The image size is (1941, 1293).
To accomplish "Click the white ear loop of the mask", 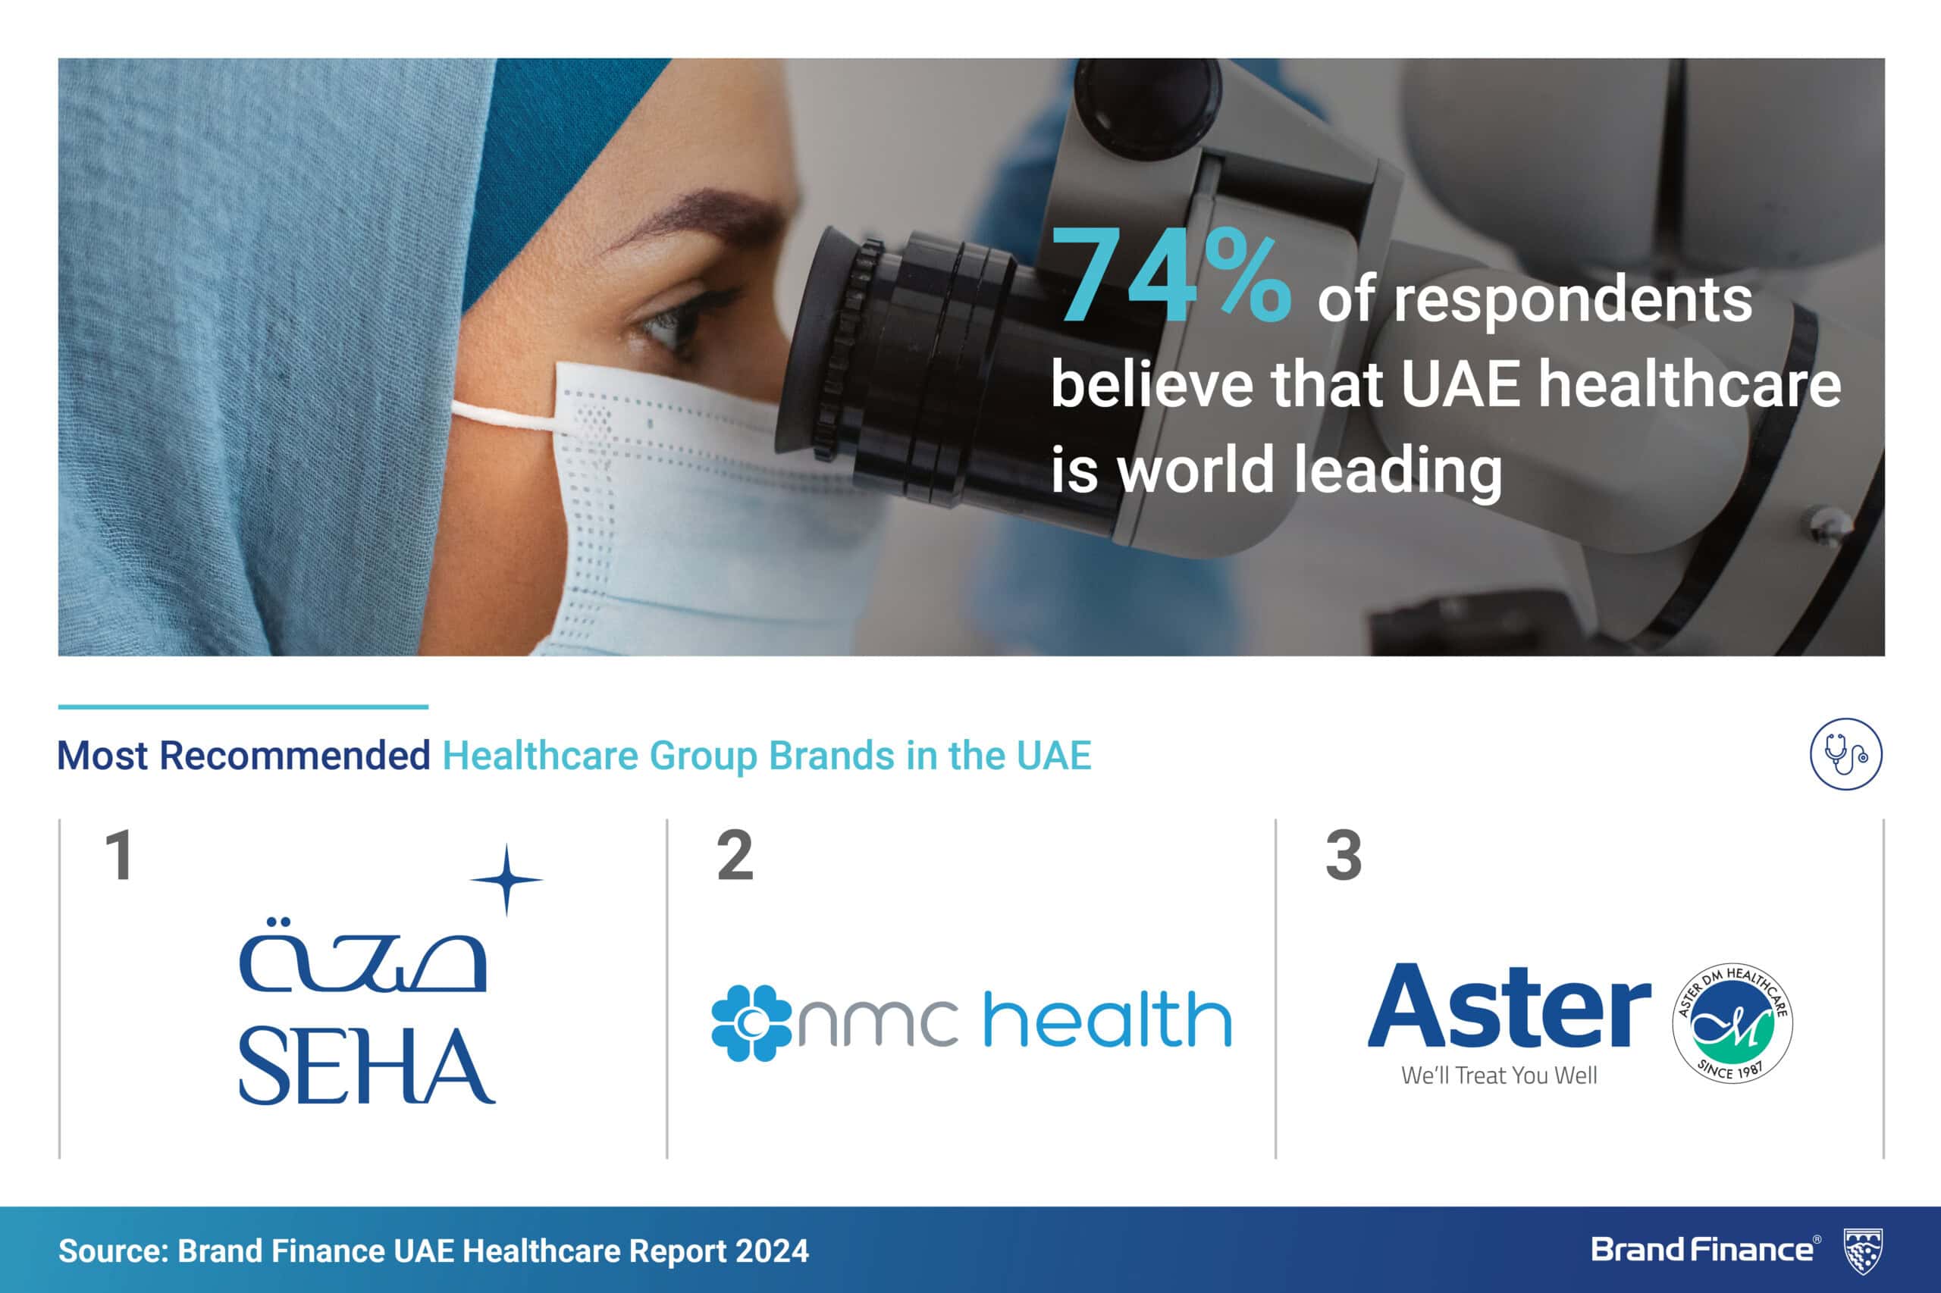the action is (505, 414).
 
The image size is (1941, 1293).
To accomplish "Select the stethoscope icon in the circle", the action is (1846, 753).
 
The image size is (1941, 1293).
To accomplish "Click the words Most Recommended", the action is (243, 756).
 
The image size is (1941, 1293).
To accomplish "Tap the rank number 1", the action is (121, 855).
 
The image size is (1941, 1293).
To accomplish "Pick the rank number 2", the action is (735, 855).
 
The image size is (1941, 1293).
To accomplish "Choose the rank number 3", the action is (1344, 855).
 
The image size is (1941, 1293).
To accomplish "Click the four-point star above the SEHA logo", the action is (506, 880).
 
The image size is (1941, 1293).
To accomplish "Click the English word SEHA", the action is (367, 1067).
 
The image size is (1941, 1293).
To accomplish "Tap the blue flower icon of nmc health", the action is (751, 1022).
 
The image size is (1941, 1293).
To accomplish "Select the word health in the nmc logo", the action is (1108, 1019).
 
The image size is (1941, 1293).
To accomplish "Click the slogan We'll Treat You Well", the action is (1499, 1075).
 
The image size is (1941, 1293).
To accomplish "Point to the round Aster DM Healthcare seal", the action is (1732, 1022).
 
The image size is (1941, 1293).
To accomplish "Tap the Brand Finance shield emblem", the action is (1864, 1252).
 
